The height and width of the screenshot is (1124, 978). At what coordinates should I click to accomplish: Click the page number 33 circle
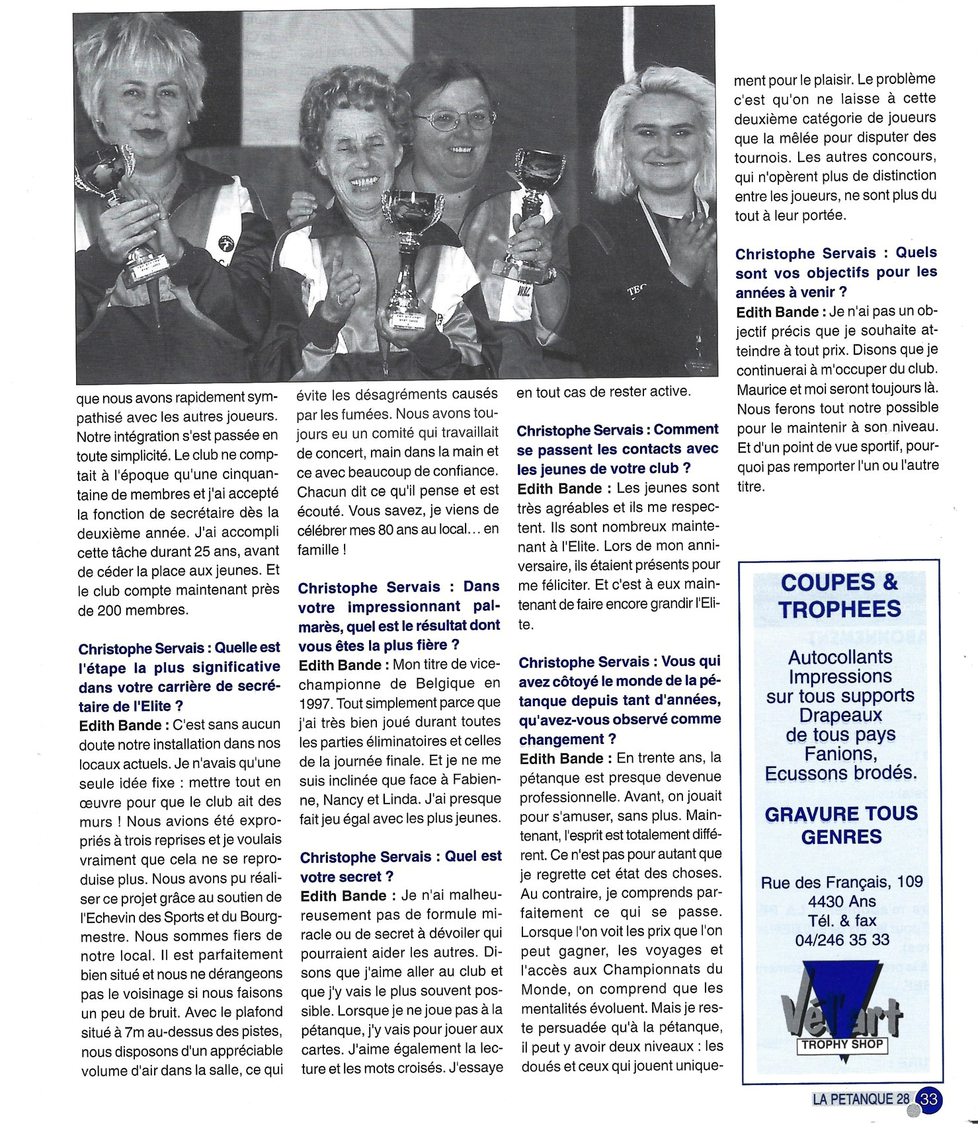(x=929, y=1099)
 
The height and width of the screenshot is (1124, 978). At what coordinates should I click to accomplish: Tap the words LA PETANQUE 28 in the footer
(x=860, y=1099)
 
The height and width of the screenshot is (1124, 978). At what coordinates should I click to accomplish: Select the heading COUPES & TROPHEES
(x=839, y=595)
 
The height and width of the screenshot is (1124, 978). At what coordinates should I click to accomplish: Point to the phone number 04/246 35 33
(x=842, y=939)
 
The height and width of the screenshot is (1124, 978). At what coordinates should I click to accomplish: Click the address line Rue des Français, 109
(x=841, y=881)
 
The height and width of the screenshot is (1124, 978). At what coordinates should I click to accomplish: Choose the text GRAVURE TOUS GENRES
(x=840, y=825)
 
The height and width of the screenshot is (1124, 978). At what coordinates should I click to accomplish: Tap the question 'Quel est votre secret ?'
(x=400, y=866)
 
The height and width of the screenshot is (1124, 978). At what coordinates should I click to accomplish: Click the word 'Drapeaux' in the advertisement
(x=840, y=715)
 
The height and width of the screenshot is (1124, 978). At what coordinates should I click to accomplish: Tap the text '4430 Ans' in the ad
(x=841, y=901)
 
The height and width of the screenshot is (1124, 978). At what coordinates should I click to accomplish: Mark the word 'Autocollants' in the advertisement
(x=840, y=657)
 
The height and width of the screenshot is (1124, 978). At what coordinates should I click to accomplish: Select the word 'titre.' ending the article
(x=751, y=486)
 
